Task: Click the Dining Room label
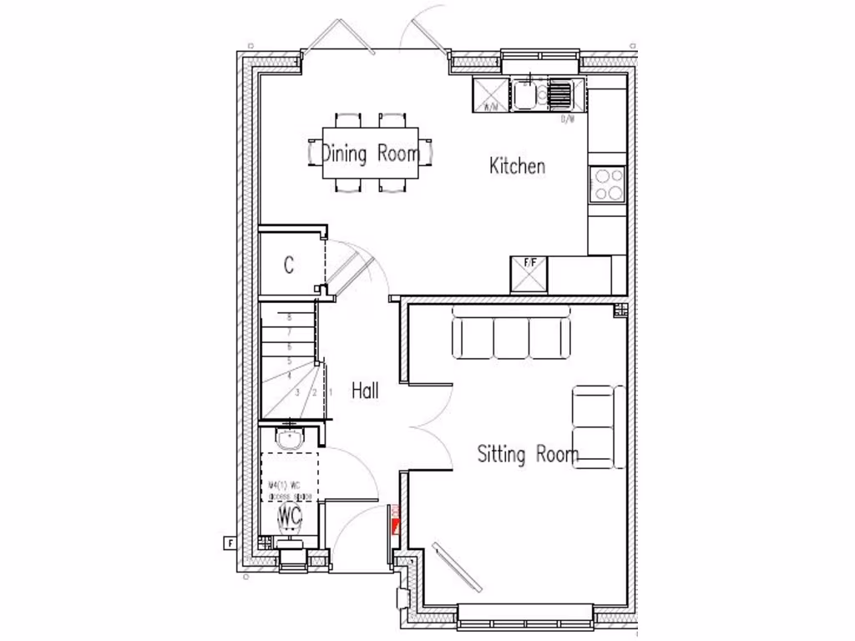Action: pyautogui.click(x=371, y=154)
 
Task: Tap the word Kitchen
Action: pyautogui.click(x=517, y=165)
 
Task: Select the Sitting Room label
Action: pyautogui.click(x=528, y=455)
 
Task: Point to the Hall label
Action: pyautogui.click(x=365, y=390)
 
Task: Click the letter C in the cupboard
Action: pyautogui.click(x=289, y=266)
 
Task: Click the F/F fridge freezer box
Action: pyautogui.click(x=529, y=274)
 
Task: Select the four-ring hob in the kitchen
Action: pyautogui.click(x=607, y=184)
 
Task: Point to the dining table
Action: pyautogui.click(x=372, y=153)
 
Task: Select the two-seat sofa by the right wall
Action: pyautogui.click(x=598, y=426)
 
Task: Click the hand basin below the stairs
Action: pyautogui.click(x=291, y=439)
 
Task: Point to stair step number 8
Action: pyautogui.click(x=289, y=317)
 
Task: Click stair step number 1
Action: pyautogui.click(x=331, y=391)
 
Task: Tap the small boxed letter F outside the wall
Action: pyautogui.click(x=229, y=543)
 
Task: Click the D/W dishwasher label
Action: pyautogui.click(x=568, y=119)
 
